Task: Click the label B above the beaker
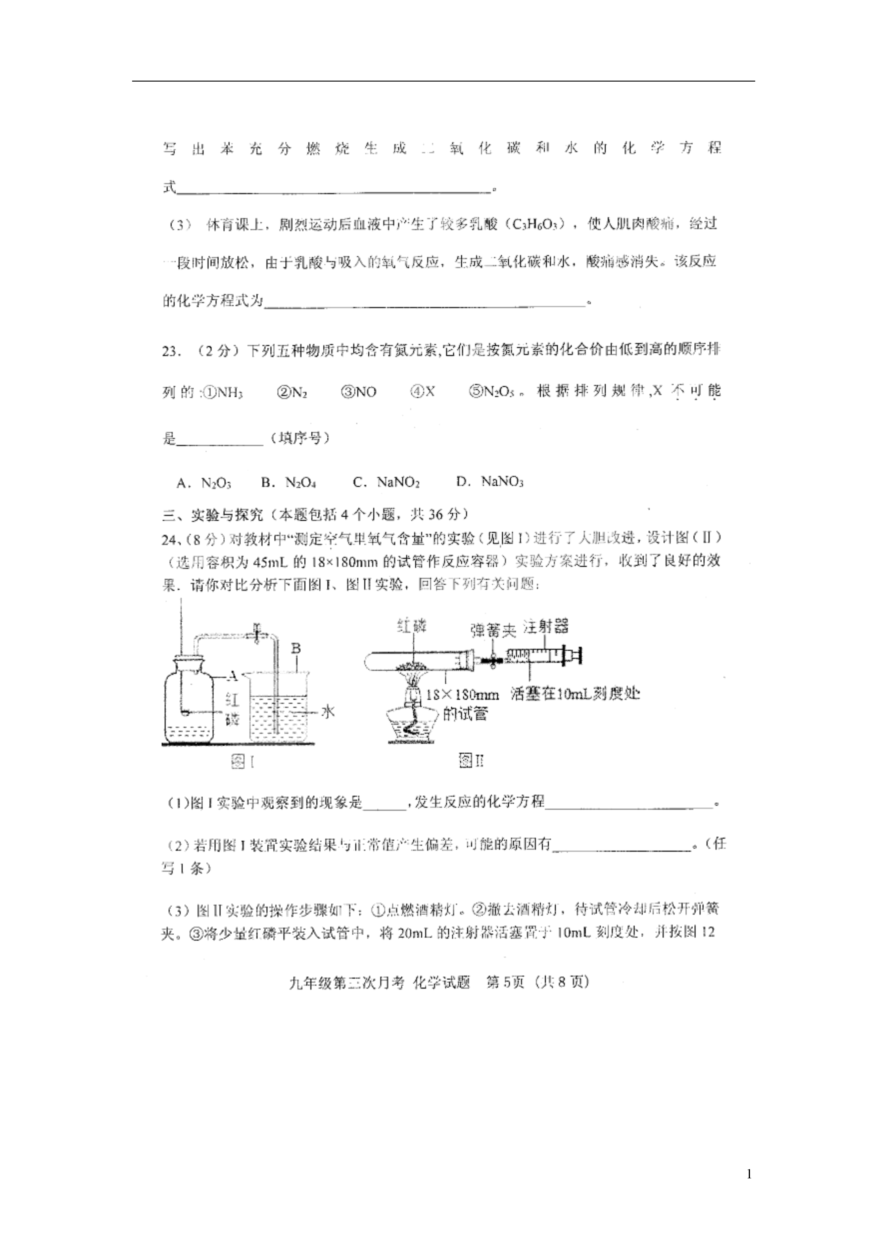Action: (296, 649)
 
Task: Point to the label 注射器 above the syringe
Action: (546, 626)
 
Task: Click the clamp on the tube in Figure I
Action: (253, 633)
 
